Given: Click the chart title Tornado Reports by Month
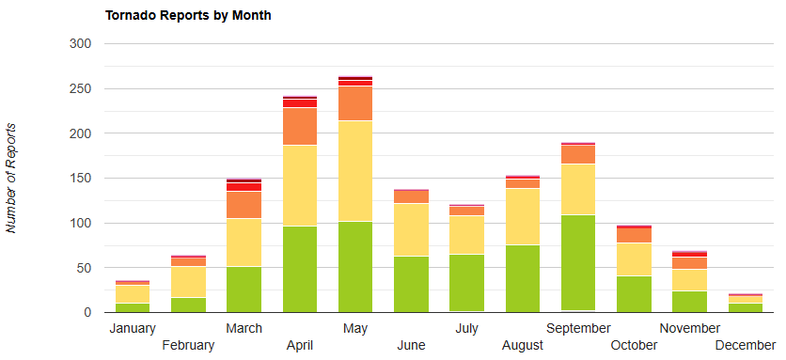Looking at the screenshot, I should point(188,16).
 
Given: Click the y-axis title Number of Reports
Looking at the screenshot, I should point(12,177).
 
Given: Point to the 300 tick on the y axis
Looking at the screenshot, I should point(80,43).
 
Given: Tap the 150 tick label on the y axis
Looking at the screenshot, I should point(80,178).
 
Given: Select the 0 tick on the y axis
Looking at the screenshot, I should point(86,312).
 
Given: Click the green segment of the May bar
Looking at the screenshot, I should point(354,266).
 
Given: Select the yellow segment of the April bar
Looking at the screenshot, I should point(299,185).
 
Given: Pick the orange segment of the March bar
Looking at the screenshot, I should point(244,204).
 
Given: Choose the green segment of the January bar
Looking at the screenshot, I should point(132,307).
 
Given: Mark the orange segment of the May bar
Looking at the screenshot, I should point(354,102).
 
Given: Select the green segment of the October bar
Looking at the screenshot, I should point(634,293).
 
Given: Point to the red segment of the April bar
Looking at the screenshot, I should point(299,103).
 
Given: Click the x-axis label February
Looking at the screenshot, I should point(188,345).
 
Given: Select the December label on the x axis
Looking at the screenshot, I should point(745,345).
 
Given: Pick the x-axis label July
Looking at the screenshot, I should point(466,328).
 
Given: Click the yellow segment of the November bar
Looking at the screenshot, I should point(689,279).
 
